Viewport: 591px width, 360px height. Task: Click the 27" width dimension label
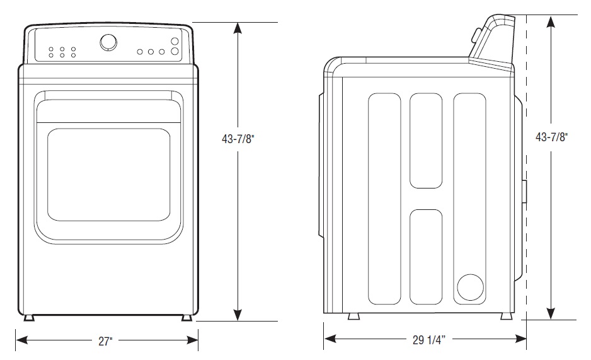pyautogui.click(x=106, y=341)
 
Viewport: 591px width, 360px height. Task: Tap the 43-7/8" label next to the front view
pyautogui.click(x=238, y=140)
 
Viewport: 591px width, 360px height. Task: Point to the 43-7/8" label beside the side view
pyautogui.click(x=551, y=137)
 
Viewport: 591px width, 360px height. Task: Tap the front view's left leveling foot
pyautogui.click(x=28, y=317)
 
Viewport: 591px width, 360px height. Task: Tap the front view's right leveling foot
pyautogui.click(x=187, y=317)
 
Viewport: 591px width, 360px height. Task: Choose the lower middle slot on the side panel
pyautogui.click(x=426, y=257)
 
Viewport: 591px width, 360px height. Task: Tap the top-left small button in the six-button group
pyautogui.click(x=51, y=49)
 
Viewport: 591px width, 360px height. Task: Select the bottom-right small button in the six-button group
pyautogui.click(x=73, y=55)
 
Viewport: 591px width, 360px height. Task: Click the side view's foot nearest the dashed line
pyautogui.click(x=505, y=316)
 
